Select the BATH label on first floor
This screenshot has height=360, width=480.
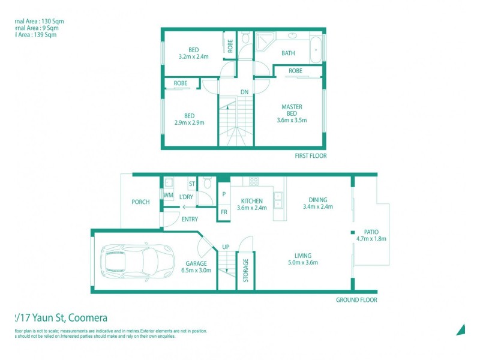288,53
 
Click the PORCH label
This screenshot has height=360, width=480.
140,202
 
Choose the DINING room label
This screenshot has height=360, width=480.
318,200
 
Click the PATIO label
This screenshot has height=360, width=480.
371,232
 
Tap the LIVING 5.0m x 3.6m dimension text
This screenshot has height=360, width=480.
302,262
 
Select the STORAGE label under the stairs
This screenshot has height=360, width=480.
245,270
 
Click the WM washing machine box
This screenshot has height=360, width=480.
169,195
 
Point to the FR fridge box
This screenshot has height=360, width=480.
224,212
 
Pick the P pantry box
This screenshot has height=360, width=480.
224,194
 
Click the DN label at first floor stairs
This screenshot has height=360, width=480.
244,92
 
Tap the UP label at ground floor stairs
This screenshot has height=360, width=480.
226,247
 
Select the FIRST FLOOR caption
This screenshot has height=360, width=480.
310,155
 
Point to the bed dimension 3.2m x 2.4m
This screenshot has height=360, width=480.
193,56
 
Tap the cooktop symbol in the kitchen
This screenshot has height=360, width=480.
253,181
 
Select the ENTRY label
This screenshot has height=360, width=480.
190,219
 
